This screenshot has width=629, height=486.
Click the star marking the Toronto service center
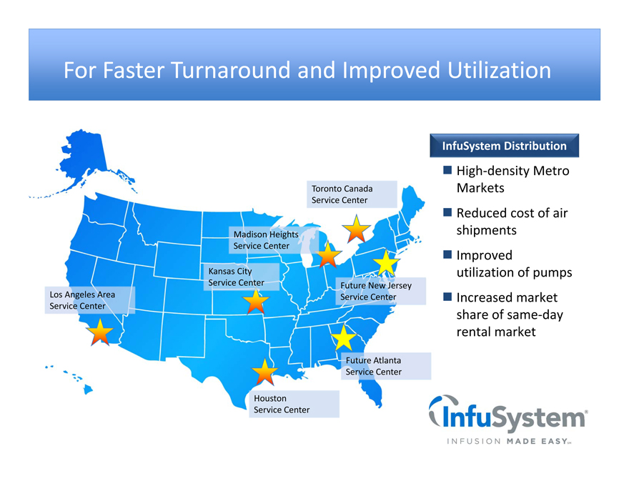[356, 229]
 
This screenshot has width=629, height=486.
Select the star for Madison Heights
[328, 255]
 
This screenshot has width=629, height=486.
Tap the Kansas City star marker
[256, 302]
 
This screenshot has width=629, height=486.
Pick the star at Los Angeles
[100, 332]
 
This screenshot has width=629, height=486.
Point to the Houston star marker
[264, 372]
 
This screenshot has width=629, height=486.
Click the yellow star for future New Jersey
[386, 264]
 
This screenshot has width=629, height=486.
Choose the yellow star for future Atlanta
[343, 339]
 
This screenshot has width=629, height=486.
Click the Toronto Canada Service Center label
[352, 194]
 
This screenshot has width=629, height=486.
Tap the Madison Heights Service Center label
[274, 240]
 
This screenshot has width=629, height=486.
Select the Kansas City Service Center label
[242, 277]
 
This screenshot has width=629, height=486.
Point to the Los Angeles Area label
[90, 300]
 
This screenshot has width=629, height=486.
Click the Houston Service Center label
[294, 404]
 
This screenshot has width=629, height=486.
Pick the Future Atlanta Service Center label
[386, 366]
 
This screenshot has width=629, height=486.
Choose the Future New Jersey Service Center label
[381, 291]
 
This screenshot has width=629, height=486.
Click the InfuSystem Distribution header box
[504, 146]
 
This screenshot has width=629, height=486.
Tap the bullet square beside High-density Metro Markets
[447, 170]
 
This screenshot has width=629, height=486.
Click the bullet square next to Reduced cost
[447, 212]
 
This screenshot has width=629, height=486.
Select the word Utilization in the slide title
[499, 70]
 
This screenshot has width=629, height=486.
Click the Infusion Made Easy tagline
[509, 442]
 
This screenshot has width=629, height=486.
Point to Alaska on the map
[84, 159]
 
